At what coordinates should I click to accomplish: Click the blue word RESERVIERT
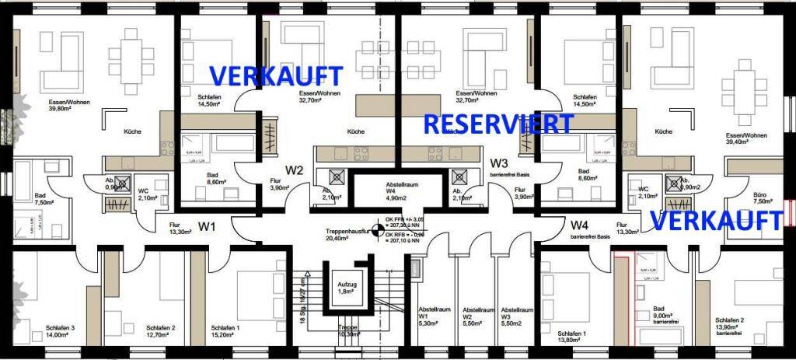pyautogui.click(x=498, y=124)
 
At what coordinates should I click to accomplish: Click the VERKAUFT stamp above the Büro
pyautogui.click(x=715, y=221)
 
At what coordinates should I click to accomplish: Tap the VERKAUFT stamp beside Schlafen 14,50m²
pyautogui.click(x=276, y=76)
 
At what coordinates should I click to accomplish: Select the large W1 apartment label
pyautogui.click(x=207, y=228)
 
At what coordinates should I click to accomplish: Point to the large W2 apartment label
pyautogui.click(x=294, y=170)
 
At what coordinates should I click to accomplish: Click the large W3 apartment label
pyautogui.click(x=498, y=164)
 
